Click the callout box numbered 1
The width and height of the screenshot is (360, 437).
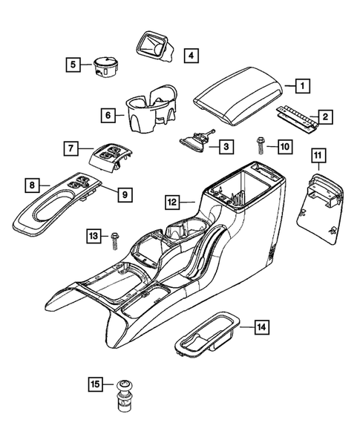[302, 85]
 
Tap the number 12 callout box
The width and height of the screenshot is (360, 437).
[172, 200]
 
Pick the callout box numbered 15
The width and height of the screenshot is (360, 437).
[95, 384]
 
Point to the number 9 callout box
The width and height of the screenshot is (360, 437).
[125, 194]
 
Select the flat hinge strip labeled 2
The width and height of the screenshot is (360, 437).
[296, 119]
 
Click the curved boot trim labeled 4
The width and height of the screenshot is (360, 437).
[154, 45]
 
